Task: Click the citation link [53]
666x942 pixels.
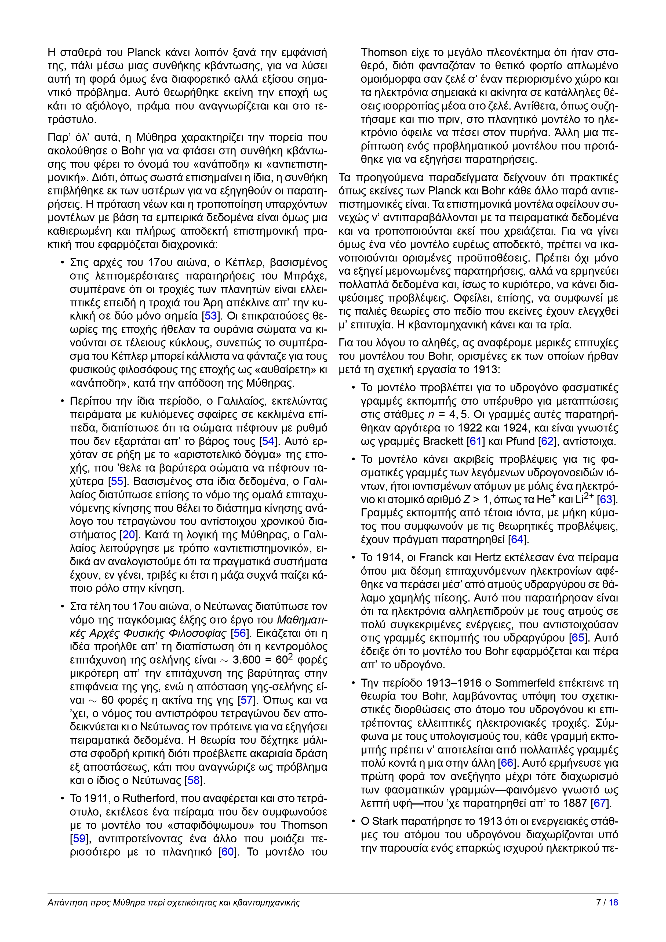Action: click(x=210, y=316)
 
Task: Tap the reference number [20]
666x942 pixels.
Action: click(x=129, y=535)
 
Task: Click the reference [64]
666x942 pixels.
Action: click(x=517, y=539)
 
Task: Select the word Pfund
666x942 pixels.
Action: click(x=520, y=441)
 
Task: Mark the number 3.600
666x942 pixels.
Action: click(x=246, y=660)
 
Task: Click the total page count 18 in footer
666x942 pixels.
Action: click(x=613, y=903)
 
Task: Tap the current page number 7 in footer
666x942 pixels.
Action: click(x=598, y=903)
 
